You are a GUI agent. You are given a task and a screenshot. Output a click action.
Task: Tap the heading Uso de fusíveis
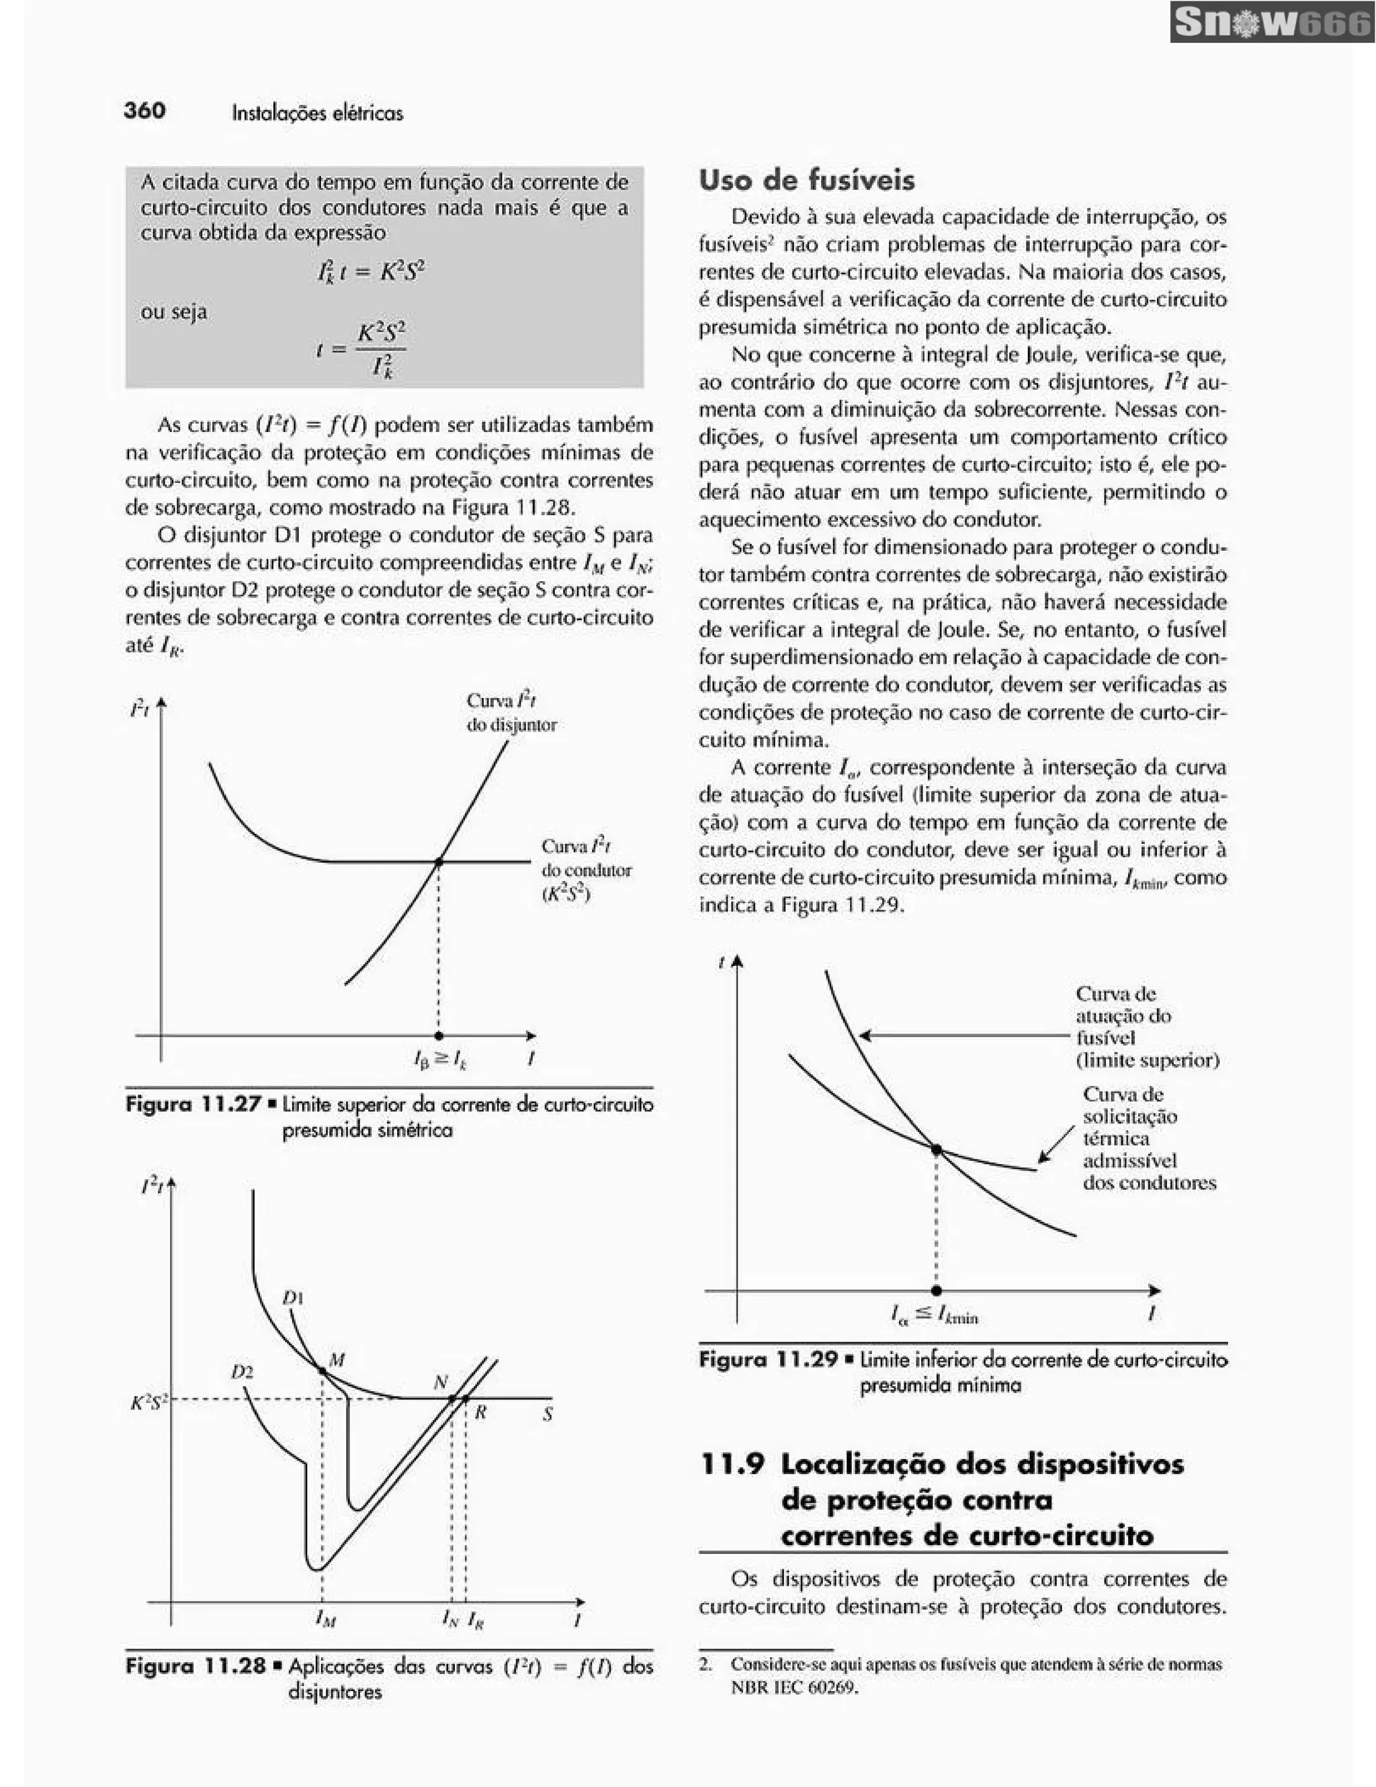(x=807, y=180)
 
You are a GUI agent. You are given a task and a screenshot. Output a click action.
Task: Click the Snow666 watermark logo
(x=1272, y=23)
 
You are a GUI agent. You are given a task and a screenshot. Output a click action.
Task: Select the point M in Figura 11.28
(x=322, y=1369)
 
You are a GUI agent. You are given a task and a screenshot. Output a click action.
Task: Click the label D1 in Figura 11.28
(x=293, y=1298)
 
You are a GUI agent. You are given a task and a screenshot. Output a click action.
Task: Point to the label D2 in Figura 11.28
(x=241, y=1372)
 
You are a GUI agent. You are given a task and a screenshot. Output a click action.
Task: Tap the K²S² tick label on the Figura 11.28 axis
(x=149, y=1403)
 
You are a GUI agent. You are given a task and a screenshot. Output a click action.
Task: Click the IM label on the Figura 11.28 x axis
(x=325, y=1618)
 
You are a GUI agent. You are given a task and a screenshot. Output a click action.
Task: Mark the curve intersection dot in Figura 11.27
(x=439, y=861)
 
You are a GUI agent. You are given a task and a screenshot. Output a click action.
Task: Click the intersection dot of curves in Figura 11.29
(x=936, y=1149)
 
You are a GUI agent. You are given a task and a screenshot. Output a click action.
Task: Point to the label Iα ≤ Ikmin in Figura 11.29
(x=934, y=1315)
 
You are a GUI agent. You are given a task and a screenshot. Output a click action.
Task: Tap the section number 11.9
(x=732, y=1465)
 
